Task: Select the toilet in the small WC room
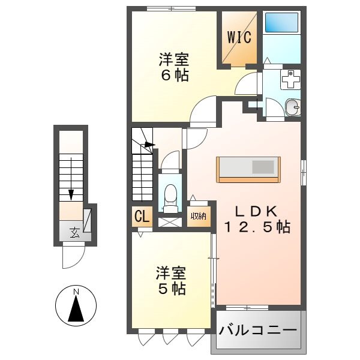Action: pyautogui.click(x=170, y=196)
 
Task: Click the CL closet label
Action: pyautogui.click(x=142, y=217)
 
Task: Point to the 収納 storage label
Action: pyautogui.click(x=199, y=217)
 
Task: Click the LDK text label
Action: pyautogui.click(x=255, y=212)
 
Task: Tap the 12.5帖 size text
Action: pyautogui.click(x=257, y=227)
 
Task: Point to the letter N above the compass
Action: pyautogui.click(x=76, y=292)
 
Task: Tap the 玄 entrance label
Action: pyautogui.click(x=74, y=233)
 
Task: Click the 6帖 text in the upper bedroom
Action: pyautogui.click(x=174, y=76)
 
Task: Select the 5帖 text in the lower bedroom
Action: pyautogui.click(x=171, y=289)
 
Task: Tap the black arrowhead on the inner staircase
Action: pyautogui.click(x=150, y=144)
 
